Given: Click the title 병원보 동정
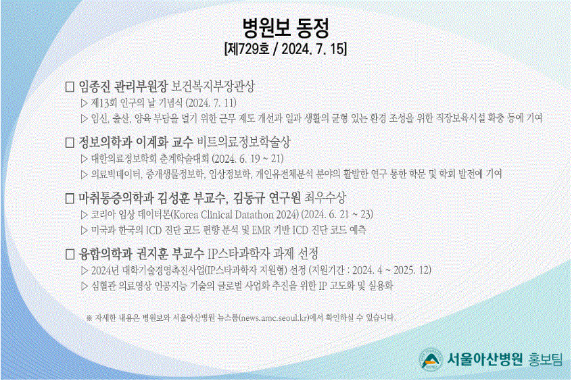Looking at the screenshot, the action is coord(286,28).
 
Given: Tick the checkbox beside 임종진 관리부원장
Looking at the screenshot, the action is coord(70,86).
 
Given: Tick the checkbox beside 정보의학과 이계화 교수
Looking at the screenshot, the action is coord(70,143).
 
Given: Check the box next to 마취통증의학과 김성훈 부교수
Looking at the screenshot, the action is coord(70,199).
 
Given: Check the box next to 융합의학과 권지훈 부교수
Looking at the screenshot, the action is coord(70,254).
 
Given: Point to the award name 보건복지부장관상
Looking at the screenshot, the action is coord(213,86).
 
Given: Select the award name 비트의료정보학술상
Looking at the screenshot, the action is coord(243,142).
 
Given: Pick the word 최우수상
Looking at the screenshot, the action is coord(325,198).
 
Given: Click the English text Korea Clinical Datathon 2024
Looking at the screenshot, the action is coord(235,214).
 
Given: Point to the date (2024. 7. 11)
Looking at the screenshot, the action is coord(211,103).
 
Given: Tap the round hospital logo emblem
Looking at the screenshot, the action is coord(431,359).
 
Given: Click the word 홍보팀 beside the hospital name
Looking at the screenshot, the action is coord(545,359).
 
